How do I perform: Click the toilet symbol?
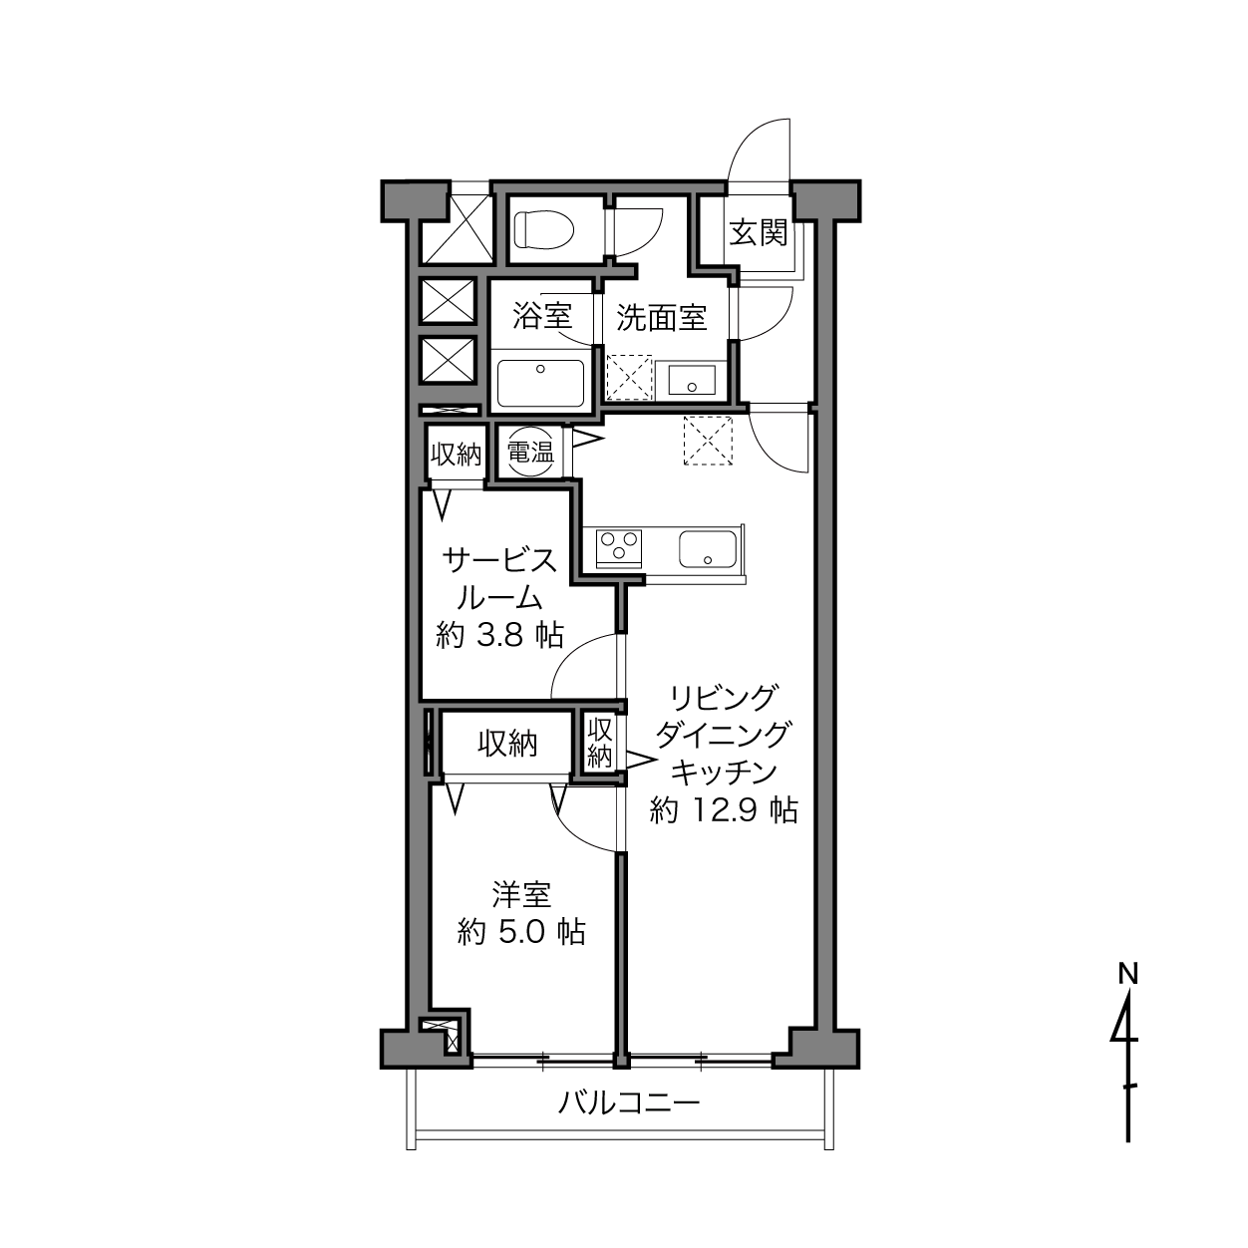tap(544, 229)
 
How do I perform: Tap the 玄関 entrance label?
tap(759, 233)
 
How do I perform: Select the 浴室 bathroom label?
tap(542, 316)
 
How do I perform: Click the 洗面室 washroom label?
tap(661, 317)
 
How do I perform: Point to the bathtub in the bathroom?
tap(541, 384)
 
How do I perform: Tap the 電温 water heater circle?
tap(531, 452)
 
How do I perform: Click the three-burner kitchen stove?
tap(618, 548)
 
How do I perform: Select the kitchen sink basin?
tap(707, 549)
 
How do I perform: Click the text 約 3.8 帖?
tap(500, 635)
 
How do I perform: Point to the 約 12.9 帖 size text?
tap(724, 809)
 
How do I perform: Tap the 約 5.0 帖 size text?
tap(521, 933)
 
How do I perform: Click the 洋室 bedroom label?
tap(521, 895)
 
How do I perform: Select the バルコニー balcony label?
tap(630, 1102)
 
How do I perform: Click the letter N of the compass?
tap(1128, 973)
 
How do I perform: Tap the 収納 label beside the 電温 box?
tap(456, 455)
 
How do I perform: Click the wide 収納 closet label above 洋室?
tap(507, 745)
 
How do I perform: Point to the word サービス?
tap(499, 560)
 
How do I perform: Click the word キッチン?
tap(724, 772)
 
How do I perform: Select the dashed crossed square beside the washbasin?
tap(629, 377)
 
